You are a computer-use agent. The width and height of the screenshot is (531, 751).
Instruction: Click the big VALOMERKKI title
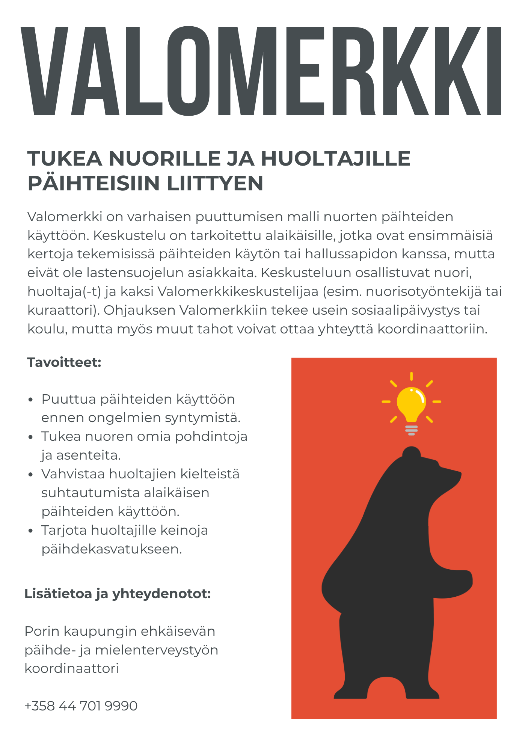[261, 71]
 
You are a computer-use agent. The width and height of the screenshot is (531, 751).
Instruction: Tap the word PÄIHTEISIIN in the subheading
[94, 183]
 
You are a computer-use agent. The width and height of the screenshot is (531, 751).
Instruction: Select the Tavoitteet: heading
[64, 363]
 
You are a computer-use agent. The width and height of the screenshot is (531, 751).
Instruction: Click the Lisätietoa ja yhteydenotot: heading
[118, 594]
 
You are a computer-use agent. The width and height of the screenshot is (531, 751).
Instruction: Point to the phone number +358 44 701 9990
[81, 706]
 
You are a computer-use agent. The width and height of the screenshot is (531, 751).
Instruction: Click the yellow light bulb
[412, 403]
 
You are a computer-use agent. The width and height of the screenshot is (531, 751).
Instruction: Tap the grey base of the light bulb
[412, 430]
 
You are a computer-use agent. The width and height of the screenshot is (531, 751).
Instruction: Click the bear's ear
[412, 452]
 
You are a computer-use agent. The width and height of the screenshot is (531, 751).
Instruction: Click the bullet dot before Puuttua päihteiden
[31, 400]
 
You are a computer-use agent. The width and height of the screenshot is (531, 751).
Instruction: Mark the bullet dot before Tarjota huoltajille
[31, 531]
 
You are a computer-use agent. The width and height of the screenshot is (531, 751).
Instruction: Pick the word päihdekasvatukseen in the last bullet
[112, 549]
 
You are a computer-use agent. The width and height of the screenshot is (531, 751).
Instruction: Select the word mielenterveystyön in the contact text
[156, 650]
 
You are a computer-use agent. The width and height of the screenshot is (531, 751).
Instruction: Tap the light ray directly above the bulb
[412, 376]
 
